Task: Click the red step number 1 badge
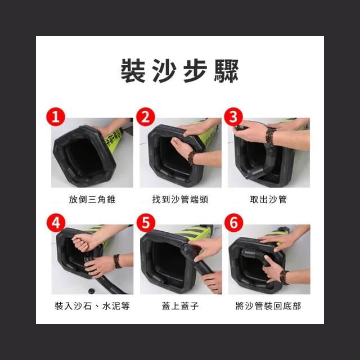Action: [56, 116]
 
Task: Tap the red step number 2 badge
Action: [146, 116]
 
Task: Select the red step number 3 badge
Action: [233, 116]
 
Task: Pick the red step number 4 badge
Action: [56, 223]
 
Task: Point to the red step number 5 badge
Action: [146, 223]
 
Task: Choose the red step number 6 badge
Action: [234, 223]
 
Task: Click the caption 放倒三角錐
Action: [92, 199]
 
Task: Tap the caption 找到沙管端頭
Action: [180, 199]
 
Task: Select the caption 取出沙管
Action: [268, 199]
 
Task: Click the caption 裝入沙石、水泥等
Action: [92, 306]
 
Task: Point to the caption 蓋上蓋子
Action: [180, 306]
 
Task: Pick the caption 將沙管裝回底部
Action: [268, 306]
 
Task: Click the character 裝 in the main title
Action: [133, 70]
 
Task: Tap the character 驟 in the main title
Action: [226, 70]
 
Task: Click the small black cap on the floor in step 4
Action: [92, 291]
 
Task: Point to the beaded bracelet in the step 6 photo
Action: [284, 277]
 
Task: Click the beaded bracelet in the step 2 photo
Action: [192, 158]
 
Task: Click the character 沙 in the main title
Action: [164, 70]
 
